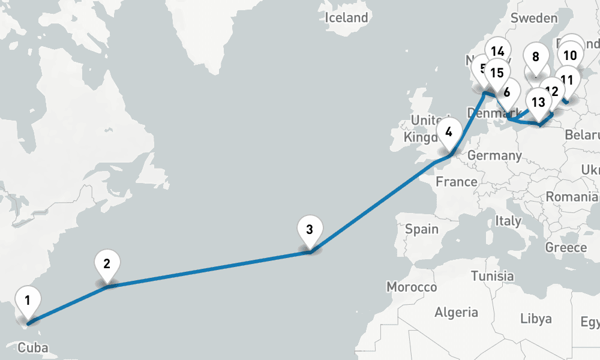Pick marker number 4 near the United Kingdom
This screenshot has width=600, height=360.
pyautogui.click(x=449, y=131)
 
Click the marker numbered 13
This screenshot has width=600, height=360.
pyautogui.click(x=538, y=102)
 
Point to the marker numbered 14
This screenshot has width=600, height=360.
pyautogui.click(x=497, y=52)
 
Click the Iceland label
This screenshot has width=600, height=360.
pyautogui.click(x=346, y=18)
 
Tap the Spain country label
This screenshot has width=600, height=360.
pyautogui.click(x=422, y=229)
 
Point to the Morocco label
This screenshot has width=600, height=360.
pyautogui.click(x=412, y=287)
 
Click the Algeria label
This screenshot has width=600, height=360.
pyautogui.click(x=457, y=312)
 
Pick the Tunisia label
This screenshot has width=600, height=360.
pyautogui.click(x=492, y=277)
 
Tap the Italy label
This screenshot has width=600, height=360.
pyautogui.click(x=508, y=221)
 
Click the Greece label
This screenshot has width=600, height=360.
pyautogui.click(x=566, y=247)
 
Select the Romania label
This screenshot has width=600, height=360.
pyautogui.click(x=572, y=197)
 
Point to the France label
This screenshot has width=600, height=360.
pyautogui.click(x=457, y=181)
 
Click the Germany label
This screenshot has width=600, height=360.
pyautogui.click(x=494, y=155)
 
